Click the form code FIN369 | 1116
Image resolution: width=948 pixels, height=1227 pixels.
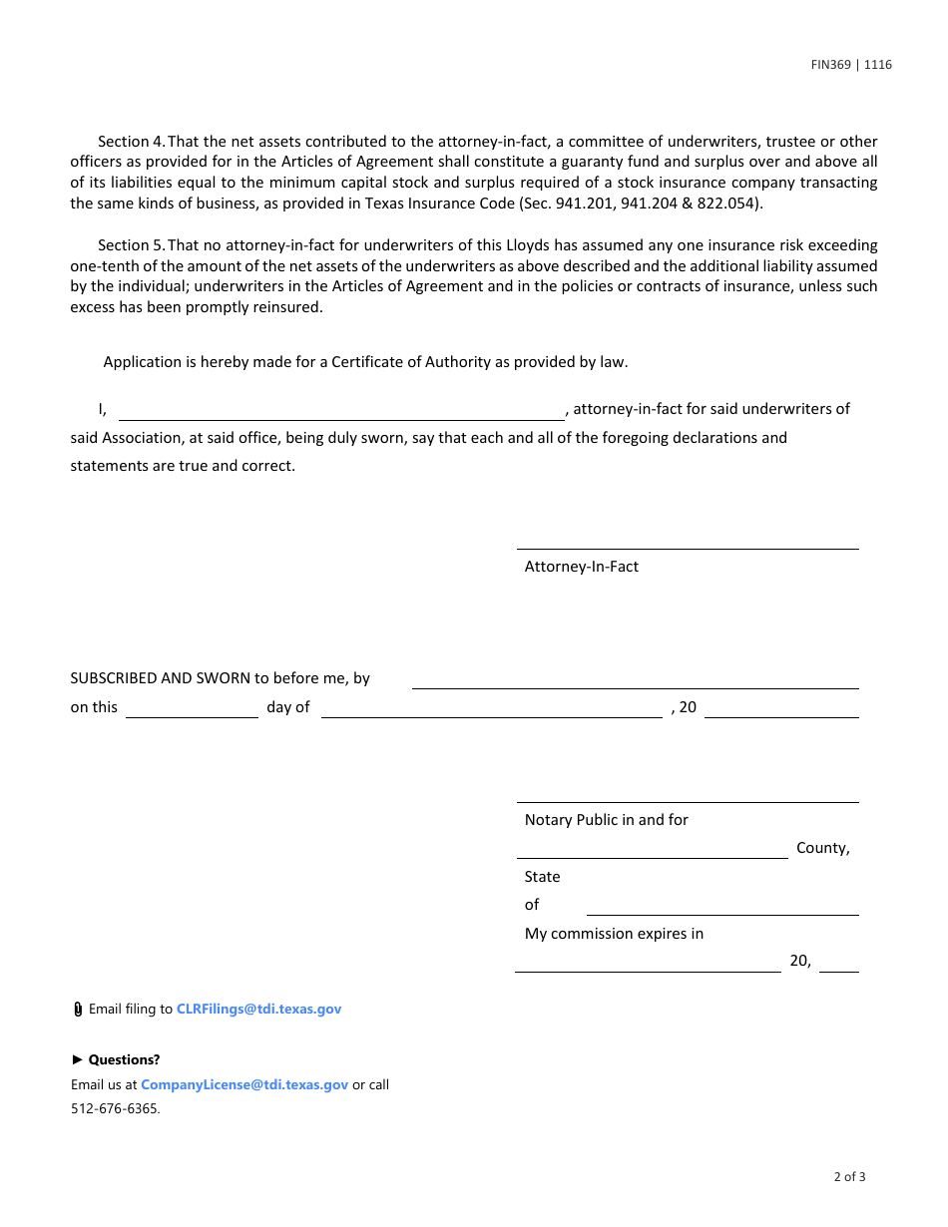point(850,65)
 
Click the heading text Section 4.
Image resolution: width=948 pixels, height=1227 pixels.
point(131,142)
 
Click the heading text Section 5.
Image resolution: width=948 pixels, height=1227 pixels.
point(131,245)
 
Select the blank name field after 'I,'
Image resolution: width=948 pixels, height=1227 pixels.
point(341,410)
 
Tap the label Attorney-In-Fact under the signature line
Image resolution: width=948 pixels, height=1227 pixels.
point(581,567)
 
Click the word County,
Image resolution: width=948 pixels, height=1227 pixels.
point(822,848)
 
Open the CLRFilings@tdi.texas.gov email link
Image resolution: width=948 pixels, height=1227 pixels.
point(258,1009)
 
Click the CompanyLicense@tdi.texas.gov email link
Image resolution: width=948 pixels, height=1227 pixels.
point(244,1084)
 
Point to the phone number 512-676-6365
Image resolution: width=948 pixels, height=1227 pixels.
point(115,1108)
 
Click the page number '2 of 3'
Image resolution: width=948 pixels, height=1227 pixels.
point(849,1176)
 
